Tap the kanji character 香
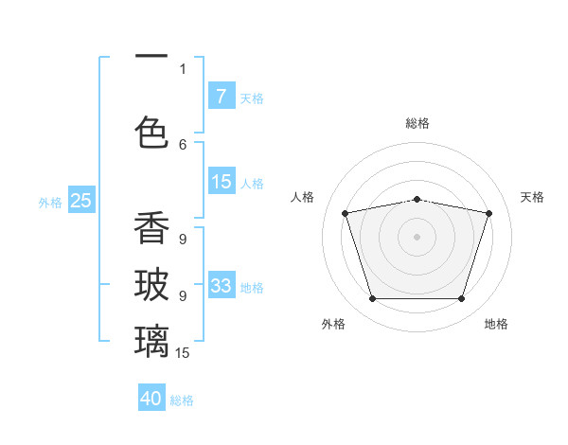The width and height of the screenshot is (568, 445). (151, 228)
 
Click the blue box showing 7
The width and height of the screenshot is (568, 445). (221, 96)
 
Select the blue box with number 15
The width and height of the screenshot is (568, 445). (221, 182)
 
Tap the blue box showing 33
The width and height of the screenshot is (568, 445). (221, 285)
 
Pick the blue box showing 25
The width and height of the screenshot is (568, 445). (80, 200)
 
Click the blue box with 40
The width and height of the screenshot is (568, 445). (151, 399)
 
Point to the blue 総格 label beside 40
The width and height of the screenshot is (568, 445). (182, 400)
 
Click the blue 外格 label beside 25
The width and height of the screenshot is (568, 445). (50, 202)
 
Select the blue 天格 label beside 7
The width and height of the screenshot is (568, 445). (251, 98)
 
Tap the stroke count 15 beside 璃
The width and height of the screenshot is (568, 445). (183, 353)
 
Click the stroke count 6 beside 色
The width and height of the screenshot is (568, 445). (183, 144)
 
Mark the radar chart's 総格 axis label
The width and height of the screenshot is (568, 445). (417, 123)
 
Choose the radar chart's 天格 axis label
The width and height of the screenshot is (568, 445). (532, 197)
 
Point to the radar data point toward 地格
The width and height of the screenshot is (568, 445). (461, 299)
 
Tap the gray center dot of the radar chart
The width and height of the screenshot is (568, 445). (417, 237)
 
